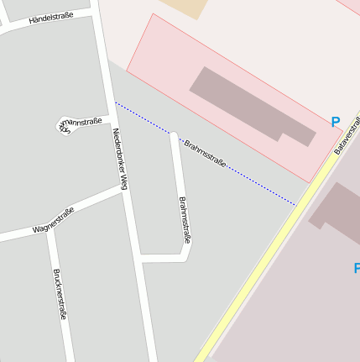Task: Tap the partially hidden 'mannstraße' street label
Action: [81, 123]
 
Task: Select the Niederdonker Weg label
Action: [120, 159]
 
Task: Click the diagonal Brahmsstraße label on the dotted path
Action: [205, 154]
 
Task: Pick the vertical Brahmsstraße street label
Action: [185, 220]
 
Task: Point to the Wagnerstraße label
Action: [54, 220]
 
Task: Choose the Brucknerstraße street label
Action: [60, 294]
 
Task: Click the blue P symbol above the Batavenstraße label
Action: [336, 123]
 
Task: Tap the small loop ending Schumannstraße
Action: [64, 123]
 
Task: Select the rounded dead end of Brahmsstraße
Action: [174, 134]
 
